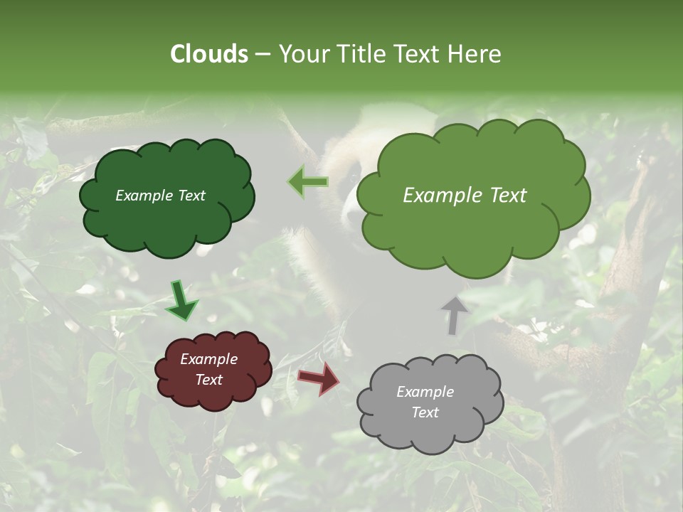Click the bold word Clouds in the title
coord(209,54)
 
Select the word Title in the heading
coord(361,54)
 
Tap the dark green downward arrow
coord(182,300)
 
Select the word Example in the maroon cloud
coord(208,359)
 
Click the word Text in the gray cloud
coord(425,412)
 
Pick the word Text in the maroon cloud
coord(208,380)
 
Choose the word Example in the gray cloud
coord(425,392)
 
